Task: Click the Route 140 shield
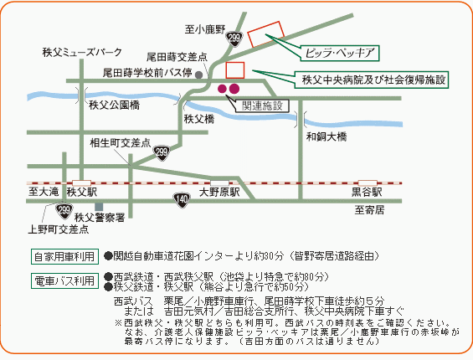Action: (x=182, y=200)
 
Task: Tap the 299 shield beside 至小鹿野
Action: (x=234, y=39)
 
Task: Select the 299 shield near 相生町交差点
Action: (x=162, y=152)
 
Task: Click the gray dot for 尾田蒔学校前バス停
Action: (x=198, y=75)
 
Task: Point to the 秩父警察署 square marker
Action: (x=99, y=207)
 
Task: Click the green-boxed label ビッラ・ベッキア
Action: (x=340, y=54)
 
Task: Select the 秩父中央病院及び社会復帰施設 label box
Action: (x=372, y=80)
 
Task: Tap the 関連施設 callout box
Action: (x=262, y=106)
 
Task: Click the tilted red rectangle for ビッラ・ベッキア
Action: (x=265, y=34)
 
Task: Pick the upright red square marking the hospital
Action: (x=235, y=70)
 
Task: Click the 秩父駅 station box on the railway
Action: (x=81, y=183)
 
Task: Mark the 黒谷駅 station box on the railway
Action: (x=368, y=183)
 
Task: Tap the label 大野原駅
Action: (x=219, y=193)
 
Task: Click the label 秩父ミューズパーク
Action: (x=82, y=52)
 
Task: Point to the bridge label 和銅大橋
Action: (x=326, y=136)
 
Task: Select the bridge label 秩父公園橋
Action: (x=115, y=105)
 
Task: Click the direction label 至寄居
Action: (x=369, y=210)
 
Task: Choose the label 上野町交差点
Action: (x=59, y=229)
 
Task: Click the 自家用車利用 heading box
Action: (x=64, y=257)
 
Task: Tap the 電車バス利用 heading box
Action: (x=64, y=281)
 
